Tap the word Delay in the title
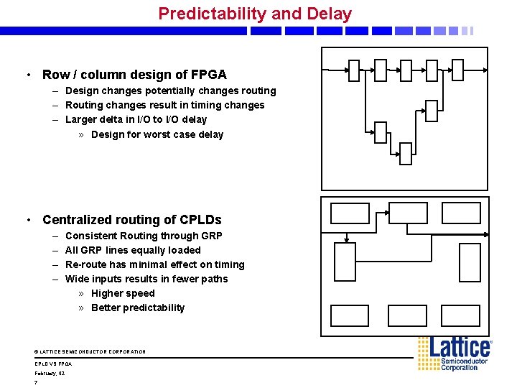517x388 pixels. pyautogui.click(x=329, y=14)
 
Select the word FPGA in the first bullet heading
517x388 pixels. pyautogui.click(x=209, y=75)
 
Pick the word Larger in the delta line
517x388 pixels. pyautogui.click(x=81, y=120)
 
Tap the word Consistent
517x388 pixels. pyautogui.click(x=90, y=236)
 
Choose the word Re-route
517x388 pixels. pyautogui.click(x=85, y=264)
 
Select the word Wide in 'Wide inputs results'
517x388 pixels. pyautogui.click(x=77, y=279)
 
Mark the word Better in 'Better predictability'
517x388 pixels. pyautogui.click(x=106, y=308)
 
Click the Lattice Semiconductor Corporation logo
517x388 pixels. pyautogui.click(x=455, y=354)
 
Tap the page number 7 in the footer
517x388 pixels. pyautogui.click(x=36, y=382)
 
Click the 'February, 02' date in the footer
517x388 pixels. pyautogui.click(x=50, y=374)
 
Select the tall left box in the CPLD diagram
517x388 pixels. pyautogui.click(x=345, y=262)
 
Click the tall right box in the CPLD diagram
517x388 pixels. pyautogui.click(x=470, y=262)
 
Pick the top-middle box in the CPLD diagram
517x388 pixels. pyautogui.click(x=407, y=213)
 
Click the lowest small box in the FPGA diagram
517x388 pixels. pyautogui.click(x=406, y=154)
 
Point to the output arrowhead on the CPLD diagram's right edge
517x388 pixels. pyautogui.click(x=486, y=234)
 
